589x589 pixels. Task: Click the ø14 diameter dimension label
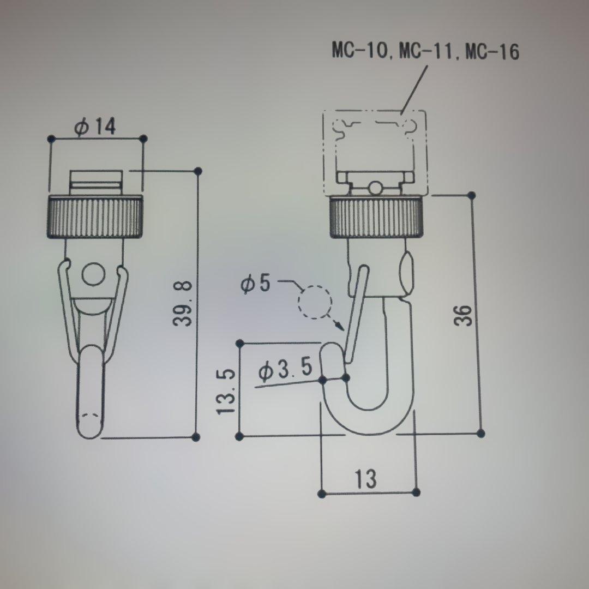point(96,127)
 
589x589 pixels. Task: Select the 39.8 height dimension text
point(183,303)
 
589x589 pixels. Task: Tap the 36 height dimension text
point(463,315)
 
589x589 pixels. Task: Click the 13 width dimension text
point(365,479)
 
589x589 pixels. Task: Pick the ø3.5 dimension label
point(286,370)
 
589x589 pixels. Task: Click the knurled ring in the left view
point(97,217)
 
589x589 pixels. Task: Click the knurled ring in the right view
point(376,218)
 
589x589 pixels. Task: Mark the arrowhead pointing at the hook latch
point(340,326)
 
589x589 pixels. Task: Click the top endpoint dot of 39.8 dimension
point(197,171)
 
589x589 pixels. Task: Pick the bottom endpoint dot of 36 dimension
point(480,434)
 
